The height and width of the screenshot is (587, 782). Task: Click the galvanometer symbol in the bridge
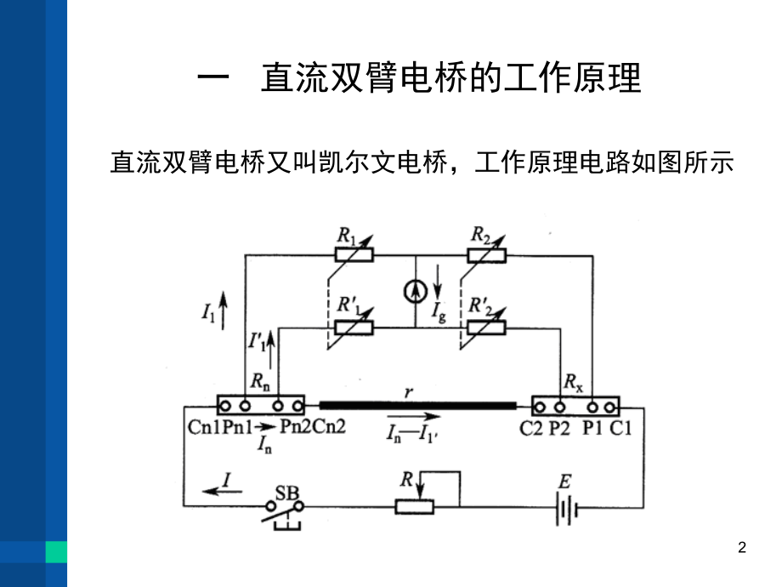415,292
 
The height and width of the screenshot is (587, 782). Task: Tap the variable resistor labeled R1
348,255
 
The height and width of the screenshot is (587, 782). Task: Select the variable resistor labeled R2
487,255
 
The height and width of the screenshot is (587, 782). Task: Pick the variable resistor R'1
348,328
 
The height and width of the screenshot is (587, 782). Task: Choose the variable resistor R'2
487,328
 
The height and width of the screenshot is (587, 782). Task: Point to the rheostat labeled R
415,507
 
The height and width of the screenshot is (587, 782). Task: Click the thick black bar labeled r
417,405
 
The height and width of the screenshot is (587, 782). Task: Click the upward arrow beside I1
222,308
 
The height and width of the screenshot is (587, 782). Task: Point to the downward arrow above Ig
439,279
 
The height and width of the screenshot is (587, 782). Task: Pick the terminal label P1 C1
608,428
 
